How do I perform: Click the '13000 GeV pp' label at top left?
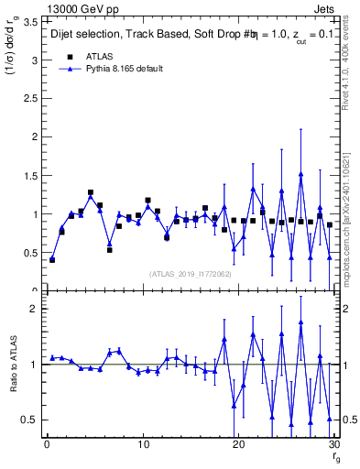pyautogui.click(x=70, y=8)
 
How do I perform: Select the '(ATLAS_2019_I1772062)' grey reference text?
pyautogui.click(x=189, y=274)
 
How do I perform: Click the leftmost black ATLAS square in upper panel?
pyautogui.click(x=52, y=260)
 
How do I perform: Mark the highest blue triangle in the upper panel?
pyautogui.click(x=300, y=174)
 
